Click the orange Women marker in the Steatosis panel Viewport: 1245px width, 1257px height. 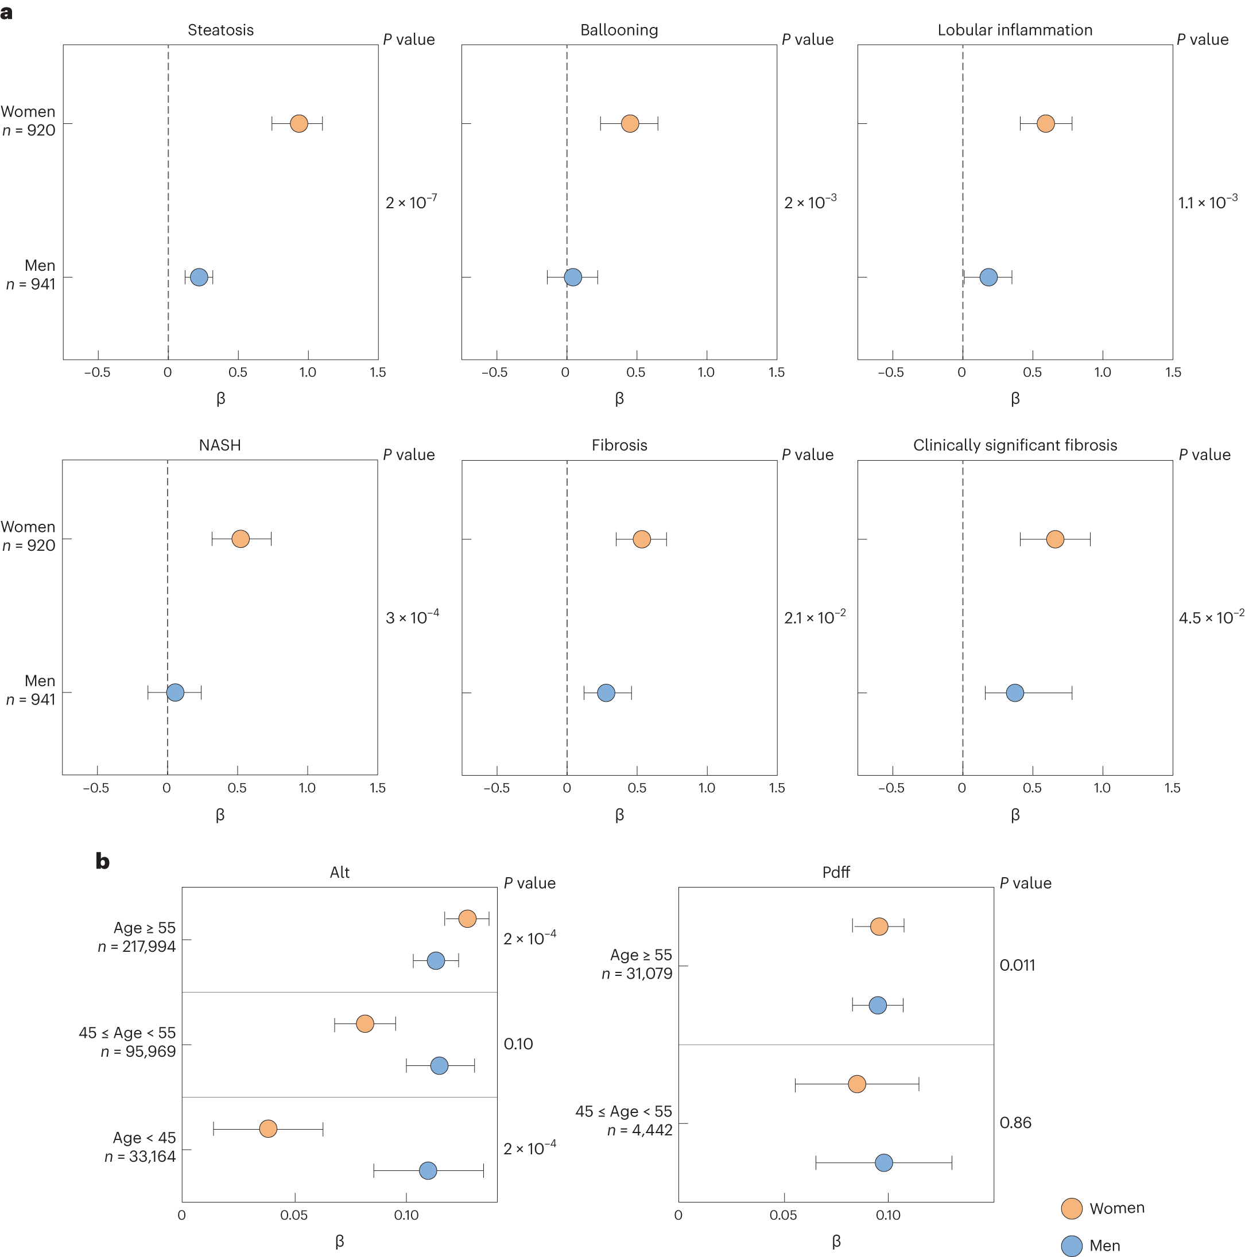[298, 123]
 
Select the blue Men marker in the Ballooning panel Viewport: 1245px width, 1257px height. [573, 277]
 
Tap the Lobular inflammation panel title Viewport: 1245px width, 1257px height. [1015, 30]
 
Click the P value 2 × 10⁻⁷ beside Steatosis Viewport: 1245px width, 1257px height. [410, 203]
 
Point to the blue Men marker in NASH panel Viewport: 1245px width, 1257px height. [175, 692]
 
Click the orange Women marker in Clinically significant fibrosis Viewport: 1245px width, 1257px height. [1055, 539]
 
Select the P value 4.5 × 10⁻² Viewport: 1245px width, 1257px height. [1211, 617]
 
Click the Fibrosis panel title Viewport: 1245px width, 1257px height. [619, 445]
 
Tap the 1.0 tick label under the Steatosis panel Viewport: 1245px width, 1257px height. [307, 372]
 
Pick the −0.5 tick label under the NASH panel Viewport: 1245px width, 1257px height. [96, 788]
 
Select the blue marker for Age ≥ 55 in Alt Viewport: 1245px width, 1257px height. [436, 960]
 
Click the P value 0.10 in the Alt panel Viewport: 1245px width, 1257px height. [518, 1044]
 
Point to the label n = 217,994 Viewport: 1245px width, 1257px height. [137, 947]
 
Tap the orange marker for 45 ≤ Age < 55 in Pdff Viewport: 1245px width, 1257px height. [857, 1084]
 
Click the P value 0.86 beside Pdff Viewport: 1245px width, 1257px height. [1015, 1122]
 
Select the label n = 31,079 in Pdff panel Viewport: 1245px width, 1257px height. [637, 974]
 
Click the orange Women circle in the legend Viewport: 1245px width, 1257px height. [1071, 1208]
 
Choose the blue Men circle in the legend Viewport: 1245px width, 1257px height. [1071, 1246]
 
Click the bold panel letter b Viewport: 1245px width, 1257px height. [102, 861]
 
